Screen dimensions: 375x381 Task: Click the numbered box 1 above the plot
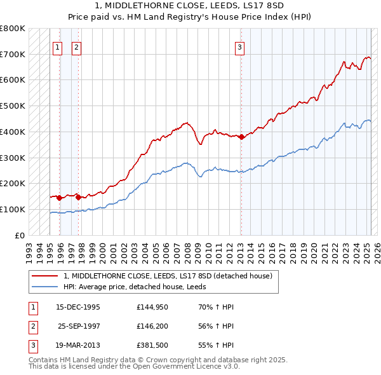click(x=57, y=46)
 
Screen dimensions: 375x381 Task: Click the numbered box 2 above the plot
click(x=76, y=46)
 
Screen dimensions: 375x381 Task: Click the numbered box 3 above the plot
click(x=240, y=46)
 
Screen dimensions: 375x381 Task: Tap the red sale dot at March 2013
click(x=241, y=136)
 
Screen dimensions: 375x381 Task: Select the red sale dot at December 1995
click(x=59, y=198)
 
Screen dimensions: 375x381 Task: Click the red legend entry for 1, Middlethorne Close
click(x=168, y=276)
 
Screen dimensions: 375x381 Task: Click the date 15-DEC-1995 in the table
click(x=78, y=307)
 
